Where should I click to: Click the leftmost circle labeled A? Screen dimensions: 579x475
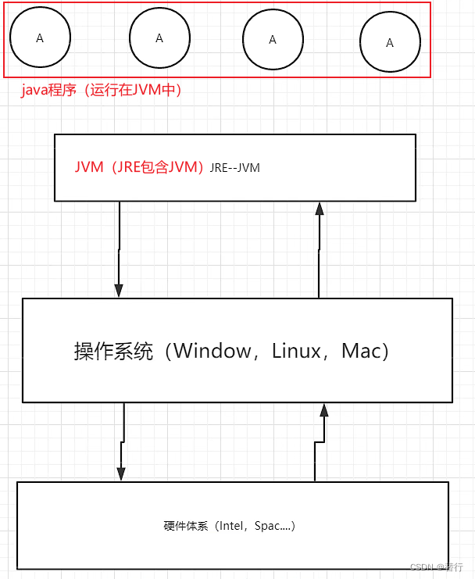pyautogui.click(x=40, y=38)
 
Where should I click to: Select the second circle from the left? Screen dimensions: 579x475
pyautogui.click(x=159, y=38)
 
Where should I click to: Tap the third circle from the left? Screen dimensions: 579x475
pyautogui.click(x=273, y=40)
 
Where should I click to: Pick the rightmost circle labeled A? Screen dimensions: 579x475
pyautogui.click(x=390, y=43)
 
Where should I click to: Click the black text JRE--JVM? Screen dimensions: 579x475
pyautogui.click(x=234, y=168)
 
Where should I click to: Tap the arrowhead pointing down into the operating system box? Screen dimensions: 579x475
pyautogui.click(x=119, y=290)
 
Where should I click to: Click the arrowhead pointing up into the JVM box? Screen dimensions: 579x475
pyautogui.click(x=319, y=208)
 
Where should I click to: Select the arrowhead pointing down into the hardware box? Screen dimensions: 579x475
pyautogui.click(x=121, y=474)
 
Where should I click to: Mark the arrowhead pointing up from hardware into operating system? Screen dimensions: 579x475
pyautogui.click(x=323, y=410)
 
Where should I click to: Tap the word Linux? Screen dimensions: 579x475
pyautogui.click(x=297, y=351)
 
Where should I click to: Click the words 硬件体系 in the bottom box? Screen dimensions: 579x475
pyautogui.click(x=186, y=526)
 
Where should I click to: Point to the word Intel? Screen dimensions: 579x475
pyautogui.click(x=234, y=526)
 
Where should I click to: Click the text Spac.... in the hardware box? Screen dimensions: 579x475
pyautogui.click(x=273, y=526)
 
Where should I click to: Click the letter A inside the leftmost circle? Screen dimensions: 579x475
pyautogui.click(x=40, y=38)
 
